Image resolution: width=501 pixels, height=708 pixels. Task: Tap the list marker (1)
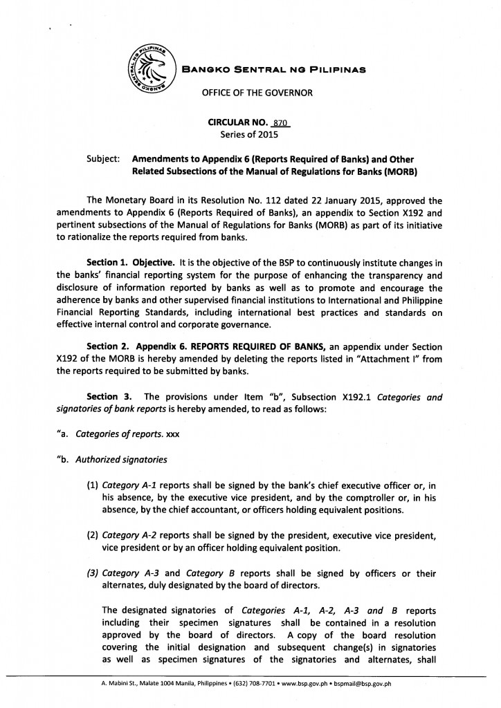[93, 466]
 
